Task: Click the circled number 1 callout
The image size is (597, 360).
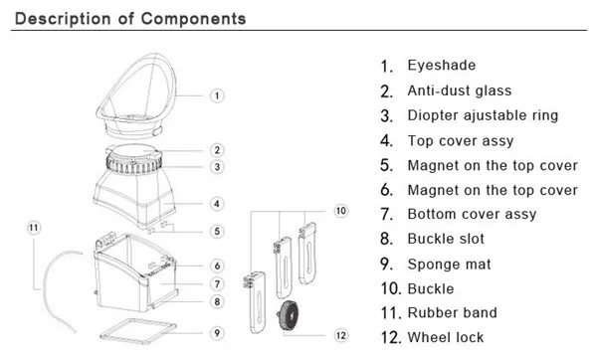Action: pos(217,95)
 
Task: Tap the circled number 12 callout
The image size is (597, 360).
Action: pos(340,335)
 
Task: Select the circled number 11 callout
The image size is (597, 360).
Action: pos(34,228)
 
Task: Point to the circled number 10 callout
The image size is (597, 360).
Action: pos(340,211)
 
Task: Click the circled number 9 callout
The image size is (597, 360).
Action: pos(217,333)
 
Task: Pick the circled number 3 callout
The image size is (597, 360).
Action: pos(217,167)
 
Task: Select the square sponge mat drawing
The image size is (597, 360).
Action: pos(138,331)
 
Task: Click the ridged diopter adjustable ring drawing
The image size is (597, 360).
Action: pos(134,165)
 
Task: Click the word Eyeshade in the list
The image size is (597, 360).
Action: pos(442,66)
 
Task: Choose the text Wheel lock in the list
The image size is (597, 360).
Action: pos(446,337)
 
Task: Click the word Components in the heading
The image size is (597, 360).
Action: pos(193,19)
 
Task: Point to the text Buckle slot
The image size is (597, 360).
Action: pos(446,239)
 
